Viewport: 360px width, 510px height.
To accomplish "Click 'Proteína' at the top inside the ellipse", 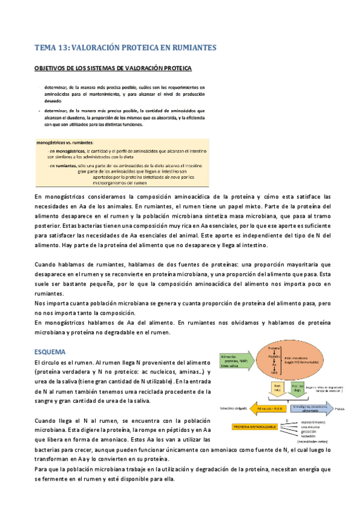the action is point(275,349).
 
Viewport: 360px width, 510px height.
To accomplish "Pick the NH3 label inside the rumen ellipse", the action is point(275,373).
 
